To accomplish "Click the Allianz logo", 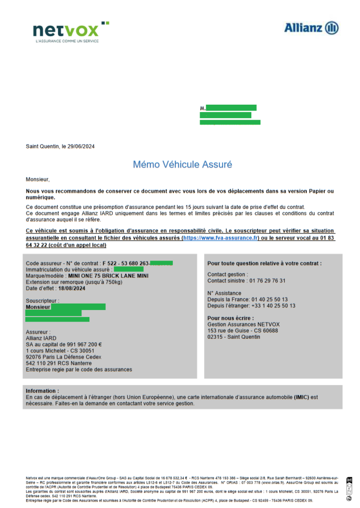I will coord(311,28).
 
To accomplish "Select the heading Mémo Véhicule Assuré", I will coord(182,164).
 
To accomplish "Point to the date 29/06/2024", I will coord(78,146).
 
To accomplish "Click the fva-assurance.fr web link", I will coord(214,238).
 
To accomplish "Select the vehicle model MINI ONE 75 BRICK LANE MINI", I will coord(108,276).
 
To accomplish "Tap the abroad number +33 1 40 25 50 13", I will coord(272,306).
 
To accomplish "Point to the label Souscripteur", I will coord(42,301).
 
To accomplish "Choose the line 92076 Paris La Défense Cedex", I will coord(63,357).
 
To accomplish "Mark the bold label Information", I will coord(42,391).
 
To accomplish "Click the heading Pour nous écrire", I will coord(231,318).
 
